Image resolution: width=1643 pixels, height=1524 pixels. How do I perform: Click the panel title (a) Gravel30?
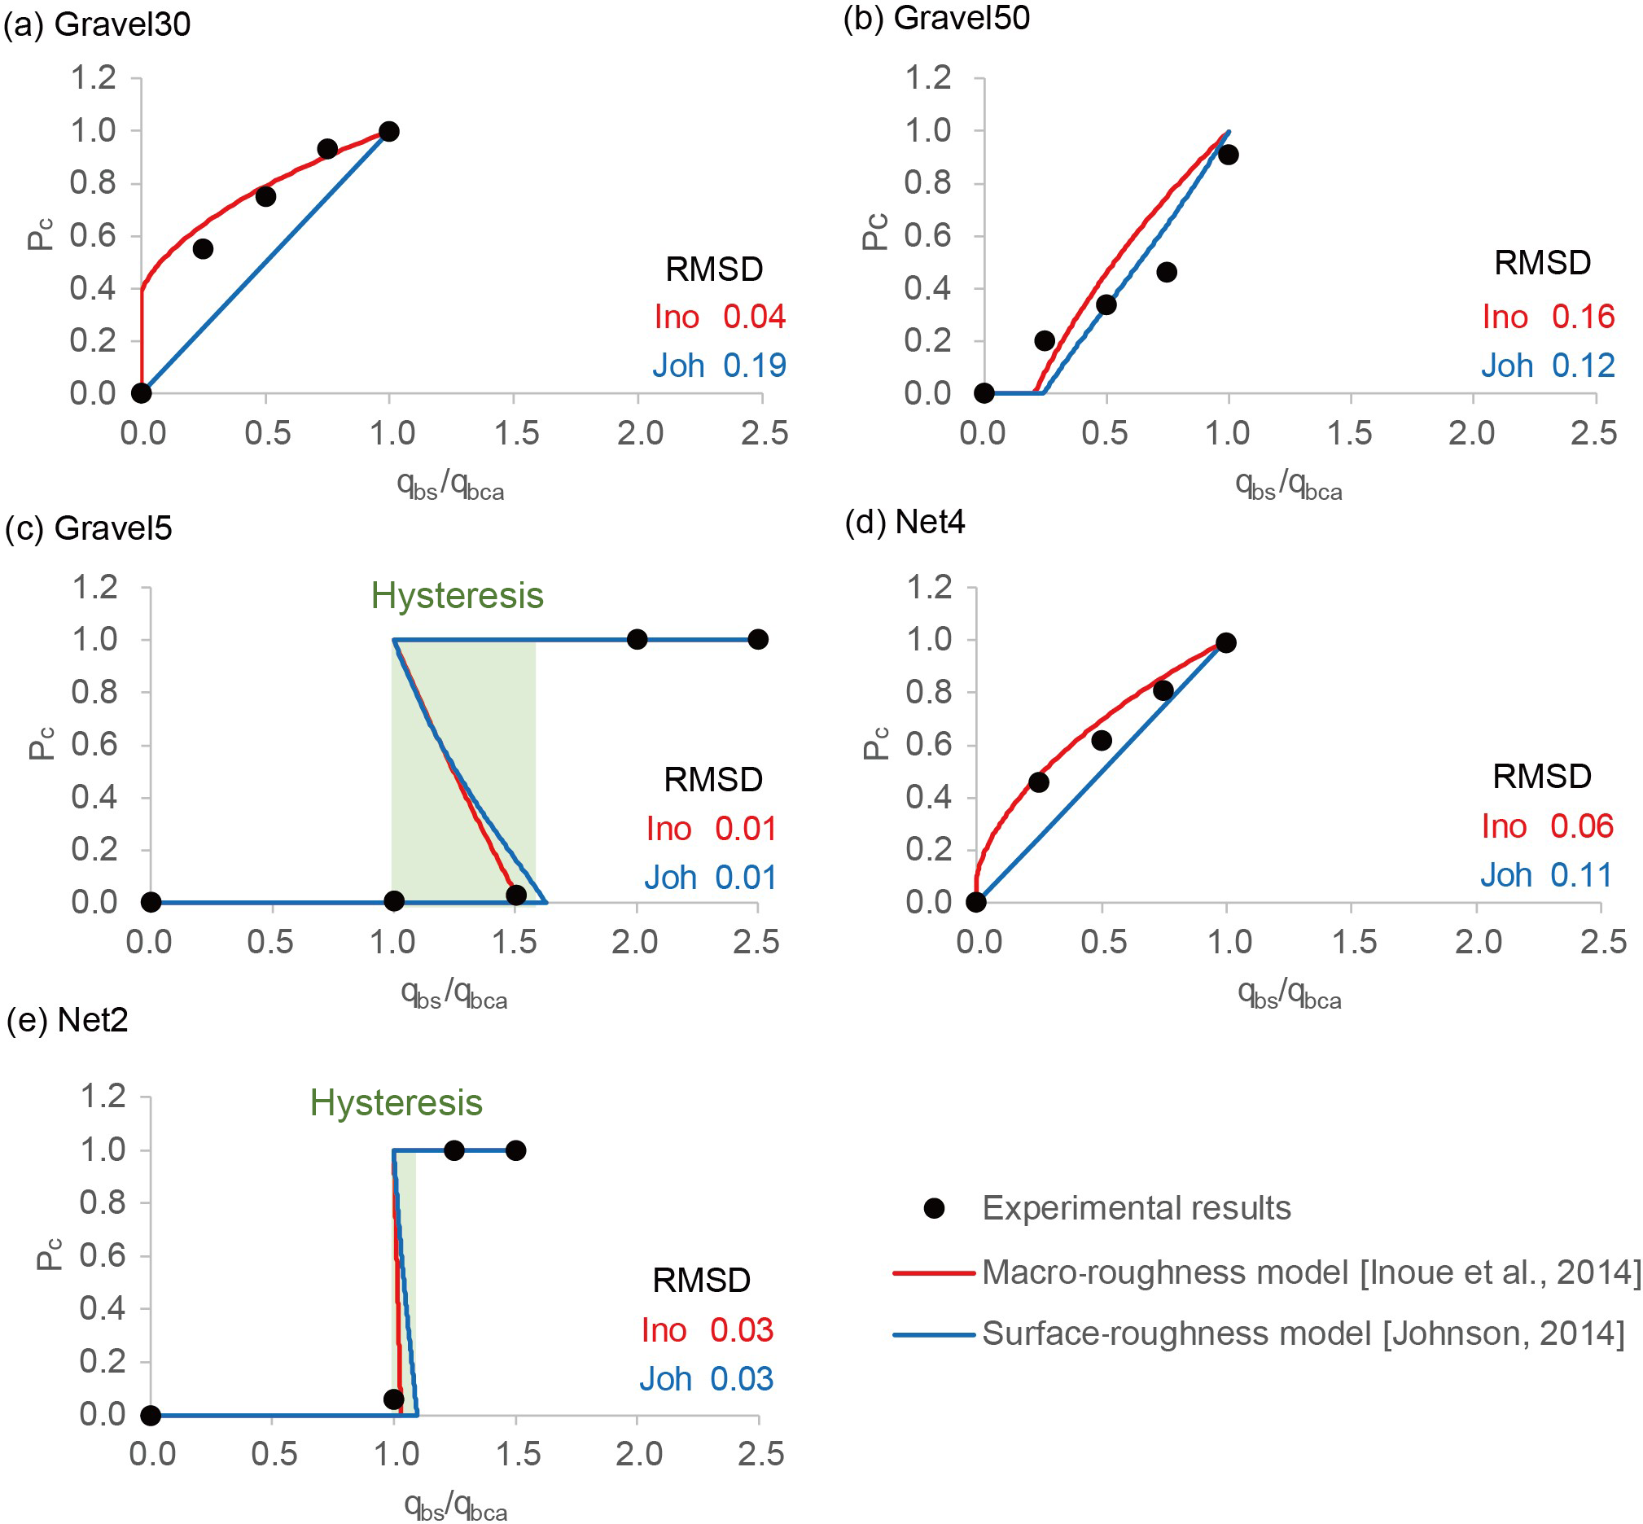[98, 24]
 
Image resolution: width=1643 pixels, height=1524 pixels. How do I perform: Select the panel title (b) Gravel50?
[936, 18]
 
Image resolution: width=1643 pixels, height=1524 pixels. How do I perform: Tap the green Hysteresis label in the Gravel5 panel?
[457, 595]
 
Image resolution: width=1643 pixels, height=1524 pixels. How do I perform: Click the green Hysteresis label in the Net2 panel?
[396, 1102]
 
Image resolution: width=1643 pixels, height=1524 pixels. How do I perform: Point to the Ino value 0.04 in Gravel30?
[754, 317]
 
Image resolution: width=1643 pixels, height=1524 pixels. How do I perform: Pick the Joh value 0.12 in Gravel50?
[1583, 366]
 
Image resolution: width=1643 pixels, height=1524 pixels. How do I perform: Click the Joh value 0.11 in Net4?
[1580, 875]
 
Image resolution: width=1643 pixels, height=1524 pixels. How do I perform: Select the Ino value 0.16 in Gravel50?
[1583, 317]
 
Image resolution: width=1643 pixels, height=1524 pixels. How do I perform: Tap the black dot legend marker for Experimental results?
[934, 1208]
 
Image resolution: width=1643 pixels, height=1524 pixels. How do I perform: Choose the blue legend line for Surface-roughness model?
[934, 1334]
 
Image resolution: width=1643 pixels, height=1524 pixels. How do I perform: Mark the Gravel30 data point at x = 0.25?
[203, 249]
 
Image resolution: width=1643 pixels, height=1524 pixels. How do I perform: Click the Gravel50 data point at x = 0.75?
[1166, 272]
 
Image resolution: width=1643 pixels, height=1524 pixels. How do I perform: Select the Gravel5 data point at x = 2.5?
[758, 639]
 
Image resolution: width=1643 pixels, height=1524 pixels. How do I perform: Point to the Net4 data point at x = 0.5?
[1101, 741]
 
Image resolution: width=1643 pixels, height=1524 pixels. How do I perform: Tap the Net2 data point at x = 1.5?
[515, 1150]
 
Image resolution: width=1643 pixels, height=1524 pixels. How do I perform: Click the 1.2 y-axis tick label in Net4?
[930, 587]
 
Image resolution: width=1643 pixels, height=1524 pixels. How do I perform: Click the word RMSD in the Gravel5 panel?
[712, 779]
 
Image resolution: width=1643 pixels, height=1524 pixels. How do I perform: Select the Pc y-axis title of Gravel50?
[875, 232]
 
